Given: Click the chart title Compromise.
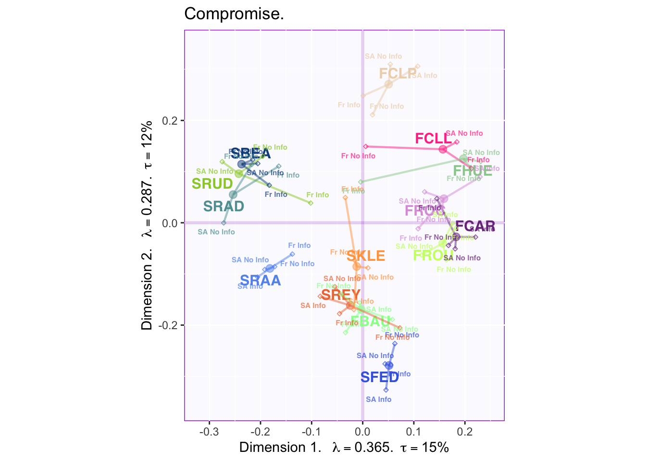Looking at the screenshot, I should (234, 14).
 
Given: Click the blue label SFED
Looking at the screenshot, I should (380, 377).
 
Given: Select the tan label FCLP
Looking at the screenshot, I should (398, 74).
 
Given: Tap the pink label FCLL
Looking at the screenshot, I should (434, 139).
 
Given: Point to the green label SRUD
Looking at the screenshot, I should (212, 184).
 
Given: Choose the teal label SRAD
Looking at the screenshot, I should (224, 206).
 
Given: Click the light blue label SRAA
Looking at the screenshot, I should (260, 281).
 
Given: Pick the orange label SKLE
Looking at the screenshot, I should (366, 256).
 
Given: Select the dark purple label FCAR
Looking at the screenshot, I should (475, 226).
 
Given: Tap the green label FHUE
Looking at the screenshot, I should (472, 170).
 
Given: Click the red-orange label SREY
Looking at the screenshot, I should (341, 295).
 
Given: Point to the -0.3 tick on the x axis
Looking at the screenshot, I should (209, 430).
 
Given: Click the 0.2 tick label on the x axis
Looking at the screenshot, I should (465, 430).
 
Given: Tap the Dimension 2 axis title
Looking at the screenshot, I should (147, 225).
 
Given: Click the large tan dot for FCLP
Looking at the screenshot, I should (388, 84).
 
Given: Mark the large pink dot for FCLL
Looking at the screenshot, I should (443, 149).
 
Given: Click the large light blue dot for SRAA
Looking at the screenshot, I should (270, 268).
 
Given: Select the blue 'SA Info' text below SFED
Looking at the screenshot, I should (378, 399).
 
